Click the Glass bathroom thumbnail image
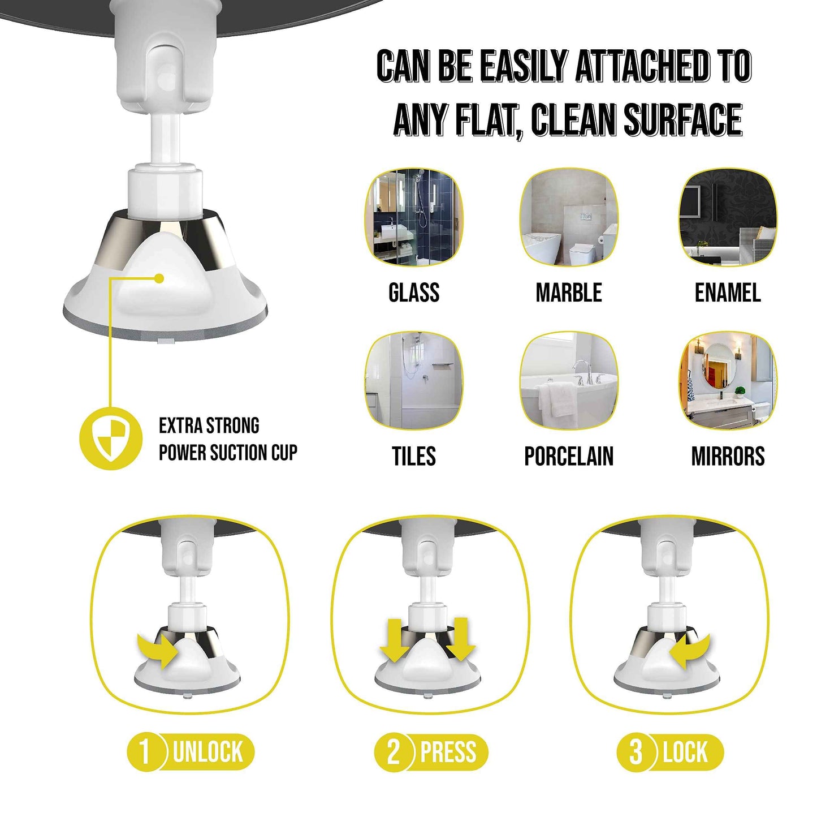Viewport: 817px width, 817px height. (x=413, y=217)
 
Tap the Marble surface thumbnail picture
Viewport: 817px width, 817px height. (x=569, y=217)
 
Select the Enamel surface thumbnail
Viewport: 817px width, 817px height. (x=728, y=217)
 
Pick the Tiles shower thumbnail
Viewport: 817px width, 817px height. (x=413, y=381)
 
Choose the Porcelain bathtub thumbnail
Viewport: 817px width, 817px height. (x=569, y=381)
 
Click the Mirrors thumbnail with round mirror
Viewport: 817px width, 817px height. (x=728, y=381)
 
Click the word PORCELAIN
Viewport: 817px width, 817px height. (x=569, y=456)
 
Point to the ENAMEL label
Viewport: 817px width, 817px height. (x=728, y=293)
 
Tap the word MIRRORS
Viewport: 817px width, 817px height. (x=728, y=456)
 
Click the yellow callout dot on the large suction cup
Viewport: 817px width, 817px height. (x=159, y=278)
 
